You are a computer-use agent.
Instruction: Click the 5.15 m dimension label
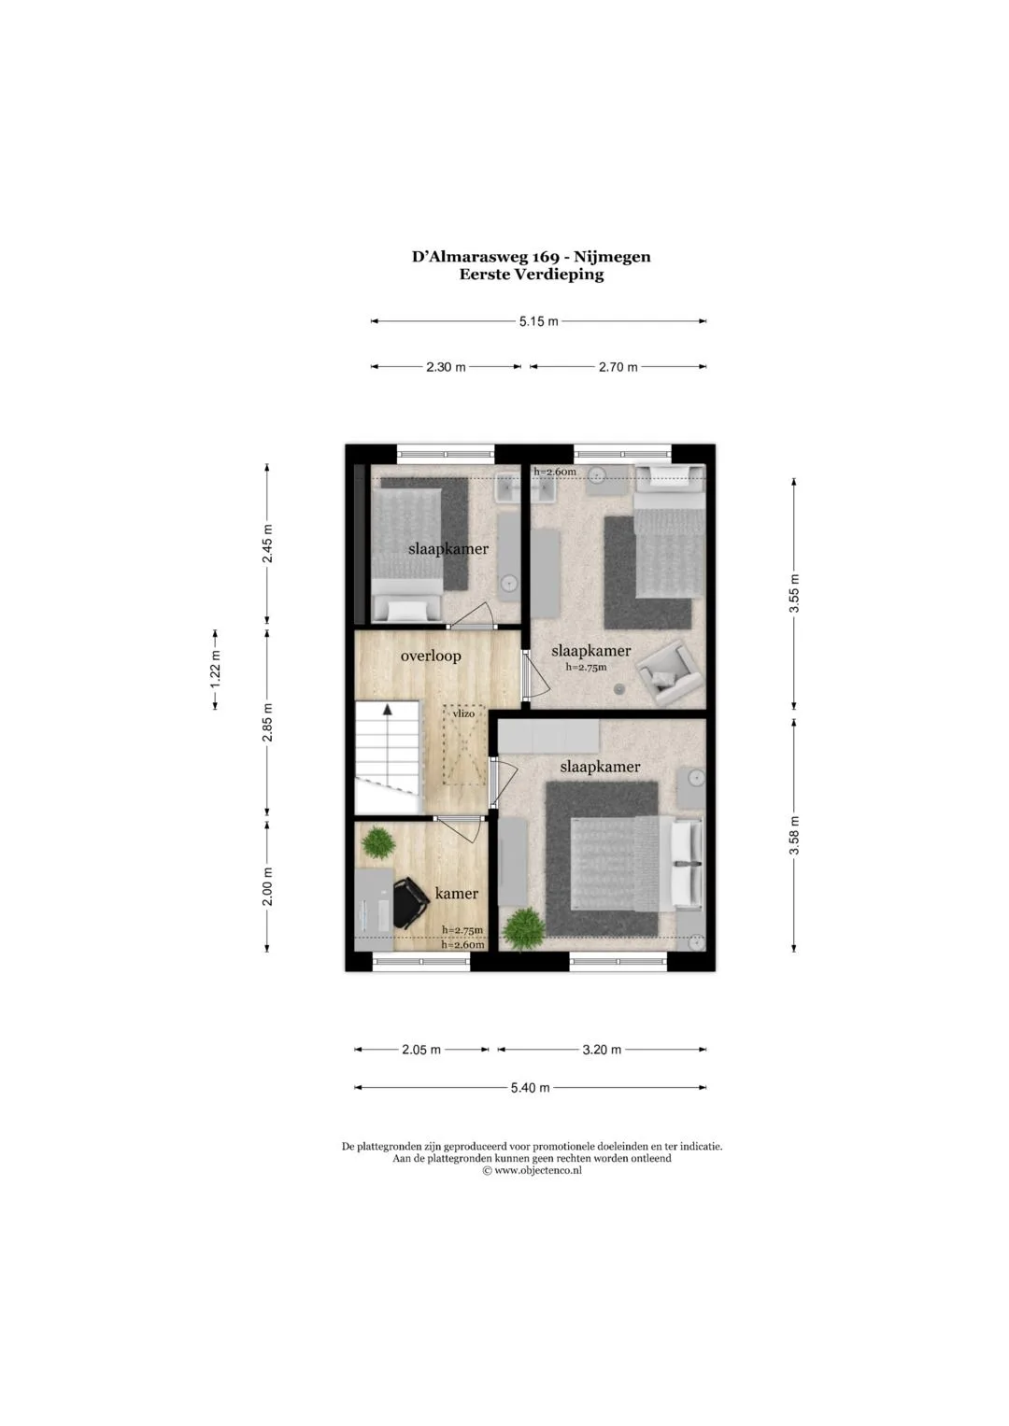[x=538, y=321]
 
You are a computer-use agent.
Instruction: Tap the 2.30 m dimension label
[x=446, y=367]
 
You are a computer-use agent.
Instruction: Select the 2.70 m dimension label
[x=618, y=367]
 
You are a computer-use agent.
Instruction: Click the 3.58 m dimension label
[x=794, y=836]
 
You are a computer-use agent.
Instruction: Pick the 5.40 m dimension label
[x=530, y=1088]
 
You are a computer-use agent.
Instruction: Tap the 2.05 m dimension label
[x=421, y=1050]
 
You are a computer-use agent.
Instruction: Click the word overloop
[x=431, y=656]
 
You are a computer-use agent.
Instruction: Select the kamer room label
[x=457, y=894]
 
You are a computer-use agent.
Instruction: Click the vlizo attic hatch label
[x=463, y=713]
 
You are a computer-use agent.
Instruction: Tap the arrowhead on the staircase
[x=387, y=709]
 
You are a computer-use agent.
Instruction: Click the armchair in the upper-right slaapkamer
[x=672, y=675]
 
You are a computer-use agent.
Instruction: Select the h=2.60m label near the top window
[x=555, y=472]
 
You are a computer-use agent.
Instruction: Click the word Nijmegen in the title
[x=612, y=257]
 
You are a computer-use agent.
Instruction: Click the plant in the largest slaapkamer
[x=522, y=929]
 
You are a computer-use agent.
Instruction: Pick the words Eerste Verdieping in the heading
[x=532, y=275]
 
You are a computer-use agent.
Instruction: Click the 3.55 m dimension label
[x=794, y=593]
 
